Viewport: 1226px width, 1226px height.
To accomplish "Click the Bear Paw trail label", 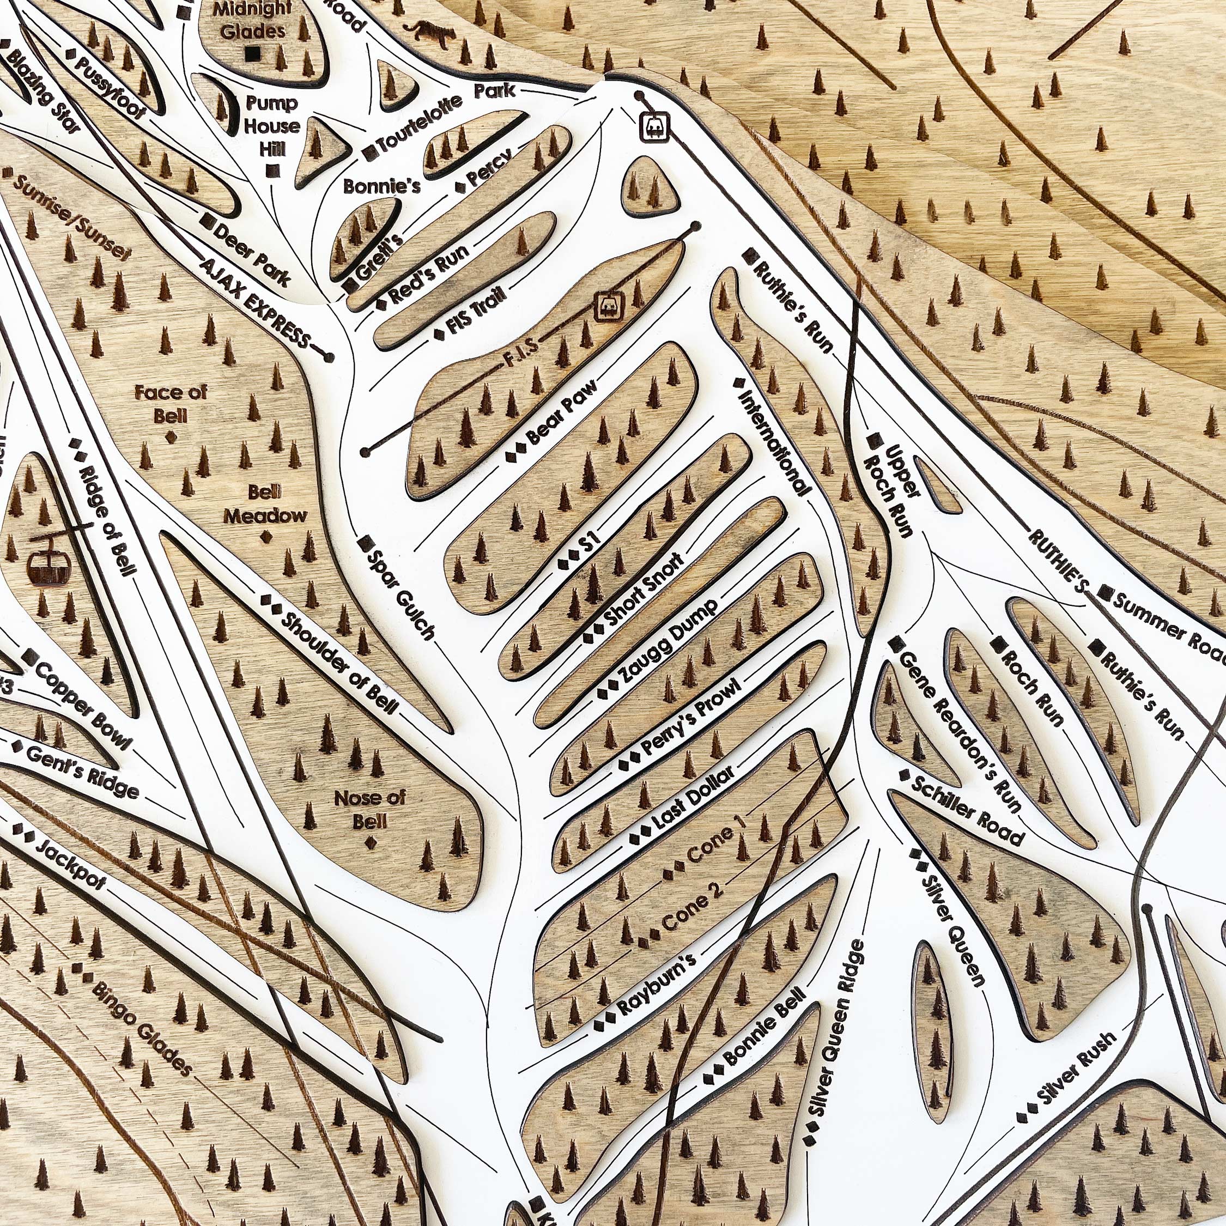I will [562, 413].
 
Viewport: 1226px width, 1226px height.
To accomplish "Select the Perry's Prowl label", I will [690, 717].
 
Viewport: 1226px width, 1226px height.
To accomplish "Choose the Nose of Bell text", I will [369, 809].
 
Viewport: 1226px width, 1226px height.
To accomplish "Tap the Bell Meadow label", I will [266, 504].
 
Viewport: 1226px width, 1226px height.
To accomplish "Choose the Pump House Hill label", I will [271, 126].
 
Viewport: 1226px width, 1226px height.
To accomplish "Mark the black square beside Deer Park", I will [207, 220].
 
